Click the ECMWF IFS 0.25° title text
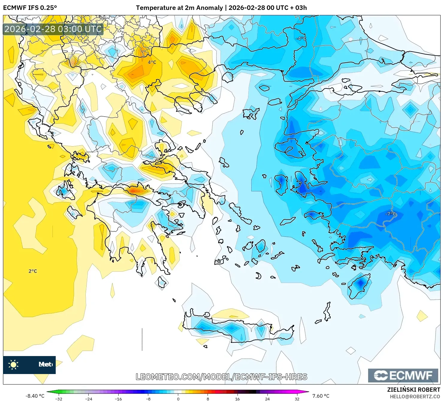coord(30,8)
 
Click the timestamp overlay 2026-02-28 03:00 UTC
coord(53,29)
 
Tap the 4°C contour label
coord(152,62)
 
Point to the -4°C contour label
coord(301,38)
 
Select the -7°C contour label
coord(391,214)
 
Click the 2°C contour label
coord(33,271)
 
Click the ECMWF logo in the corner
coord(403,375)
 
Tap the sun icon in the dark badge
coord(13,364)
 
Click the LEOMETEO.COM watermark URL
coord(221,377)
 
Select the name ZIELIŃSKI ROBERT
coord(414,390)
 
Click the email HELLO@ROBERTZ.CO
coord(415,397)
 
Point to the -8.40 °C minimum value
coord(35,396)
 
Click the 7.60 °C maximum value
coord(321,396)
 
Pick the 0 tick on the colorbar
coord(178,399)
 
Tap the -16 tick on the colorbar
coord(118,399)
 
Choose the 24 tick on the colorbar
coord(267,399)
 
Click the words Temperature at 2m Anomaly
coord(179,8)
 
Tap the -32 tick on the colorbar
coord(59,399)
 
